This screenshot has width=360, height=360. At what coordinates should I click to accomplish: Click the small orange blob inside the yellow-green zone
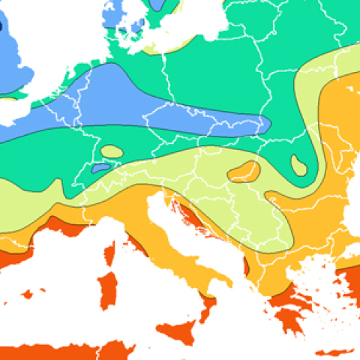point(244,172)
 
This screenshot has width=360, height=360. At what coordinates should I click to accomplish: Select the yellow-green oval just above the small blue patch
point(112,151)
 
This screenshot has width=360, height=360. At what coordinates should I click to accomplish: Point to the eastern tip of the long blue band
point(262,124)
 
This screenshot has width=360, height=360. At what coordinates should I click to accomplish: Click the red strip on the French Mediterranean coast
point(75,224)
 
